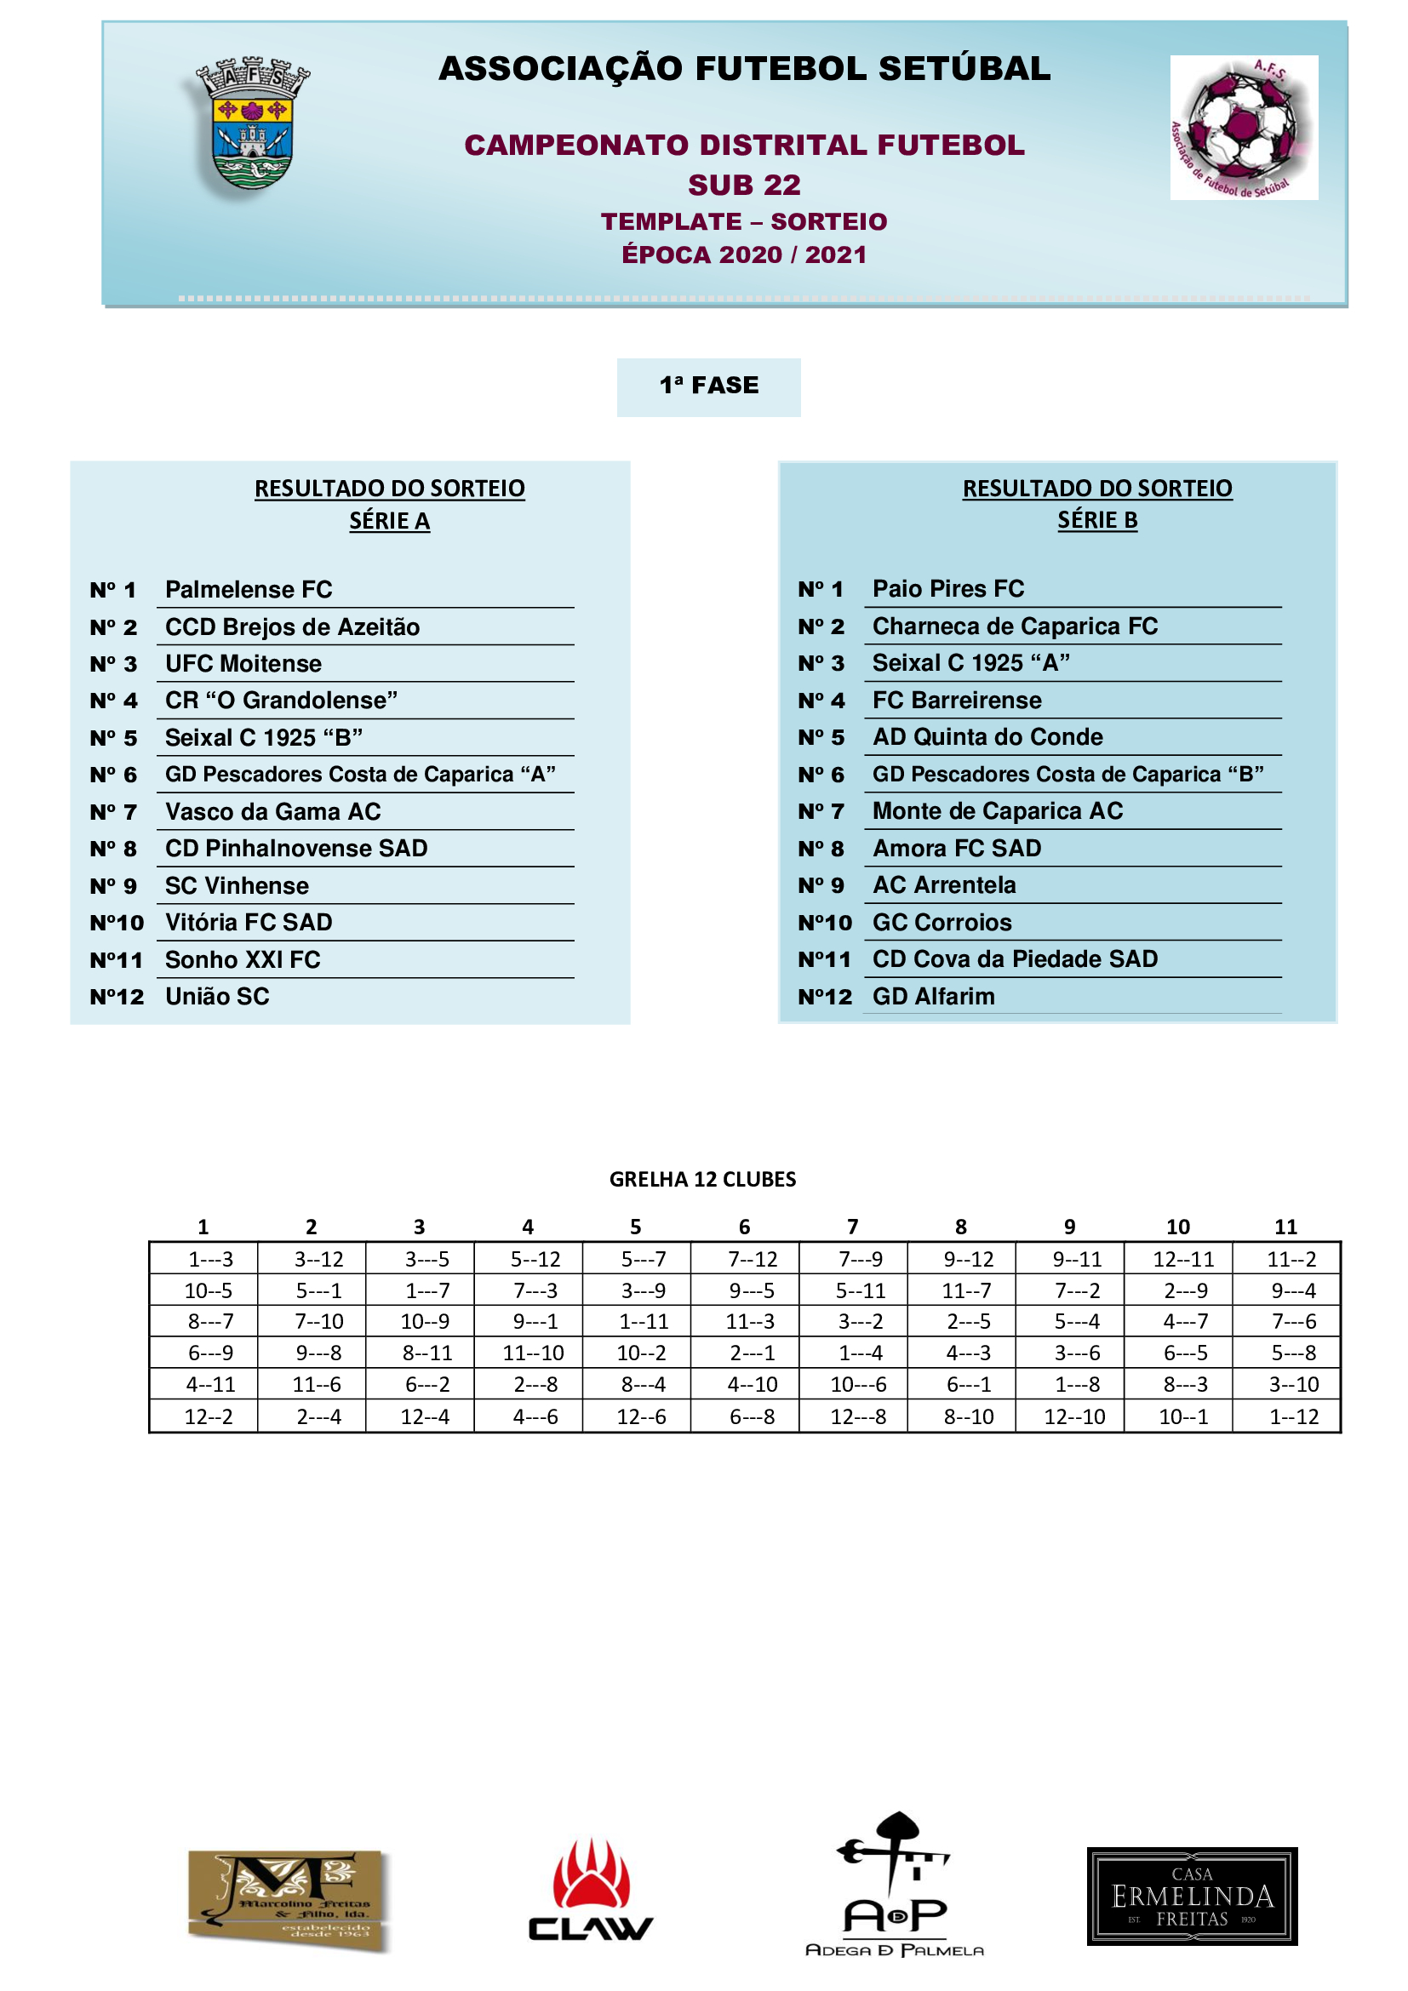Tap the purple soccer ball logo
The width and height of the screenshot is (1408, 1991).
1243,128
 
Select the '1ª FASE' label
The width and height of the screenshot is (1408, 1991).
708,386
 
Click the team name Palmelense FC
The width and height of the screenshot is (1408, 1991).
249,590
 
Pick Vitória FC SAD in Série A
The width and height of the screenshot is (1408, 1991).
249,923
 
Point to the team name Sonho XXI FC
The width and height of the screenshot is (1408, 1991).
243,960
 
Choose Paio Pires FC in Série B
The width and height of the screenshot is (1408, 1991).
947,589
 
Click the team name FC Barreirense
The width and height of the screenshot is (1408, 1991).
956,700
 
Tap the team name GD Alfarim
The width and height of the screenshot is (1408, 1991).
933,997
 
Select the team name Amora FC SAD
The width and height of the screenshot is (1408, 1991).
956,848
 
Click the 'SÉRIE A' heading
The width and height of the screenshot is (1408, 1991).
389,520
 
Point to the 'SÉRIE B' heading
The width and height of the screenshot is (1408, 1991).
1096,519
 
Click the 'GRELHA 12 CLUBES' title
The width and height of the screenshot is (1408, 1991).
702,1179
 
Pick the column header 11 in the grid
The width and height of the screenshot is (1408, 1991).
1285,1227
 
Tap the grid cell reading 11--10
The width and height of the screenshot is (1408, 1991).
533,1353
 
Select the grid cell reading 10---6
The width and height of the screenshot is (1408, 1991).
858,1385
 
